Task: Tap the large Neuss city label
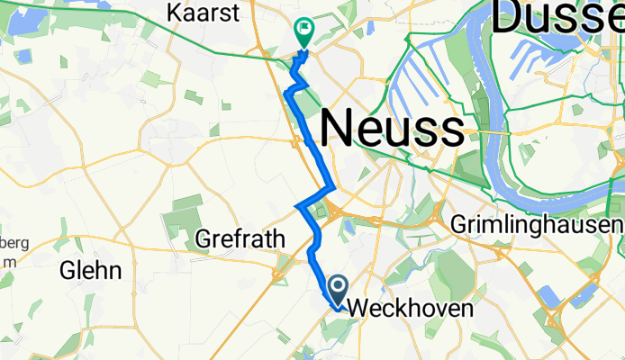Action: coord(392,128)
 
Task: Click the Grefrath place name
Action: coord(240,239)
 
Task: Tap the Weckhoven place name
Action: coord(397,308)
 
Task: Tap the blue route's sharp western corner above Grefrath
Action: coord(297,207)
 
